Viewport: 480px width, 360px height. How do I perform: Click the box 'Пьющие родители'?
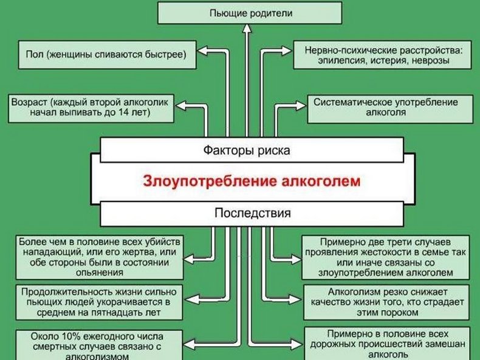[x=250, y=13]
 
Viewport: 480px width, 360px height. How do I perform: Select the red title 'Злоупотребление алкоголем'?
[x=252, y=181]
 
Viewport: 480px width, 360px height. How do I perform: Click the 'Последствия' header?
[x=252, y=213]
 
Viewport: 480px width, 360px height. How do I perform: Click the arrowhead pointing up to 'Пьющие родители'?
[x=247, y=28]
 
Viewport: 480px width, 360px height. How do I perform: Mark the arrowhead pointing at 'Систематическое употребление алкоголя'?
[x=301, y=106]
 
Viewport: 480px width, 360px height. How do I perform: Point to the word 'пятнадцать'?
[x=111, y=313]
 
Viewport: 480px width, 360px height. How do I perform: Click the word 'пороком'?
[x=399, y=313]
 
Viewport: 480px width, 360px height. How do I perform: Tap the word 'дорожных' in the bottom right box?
[x=332, y=344]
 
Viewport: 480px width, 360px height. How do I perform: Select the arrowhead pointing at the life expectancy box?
[x=191, y=299]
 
